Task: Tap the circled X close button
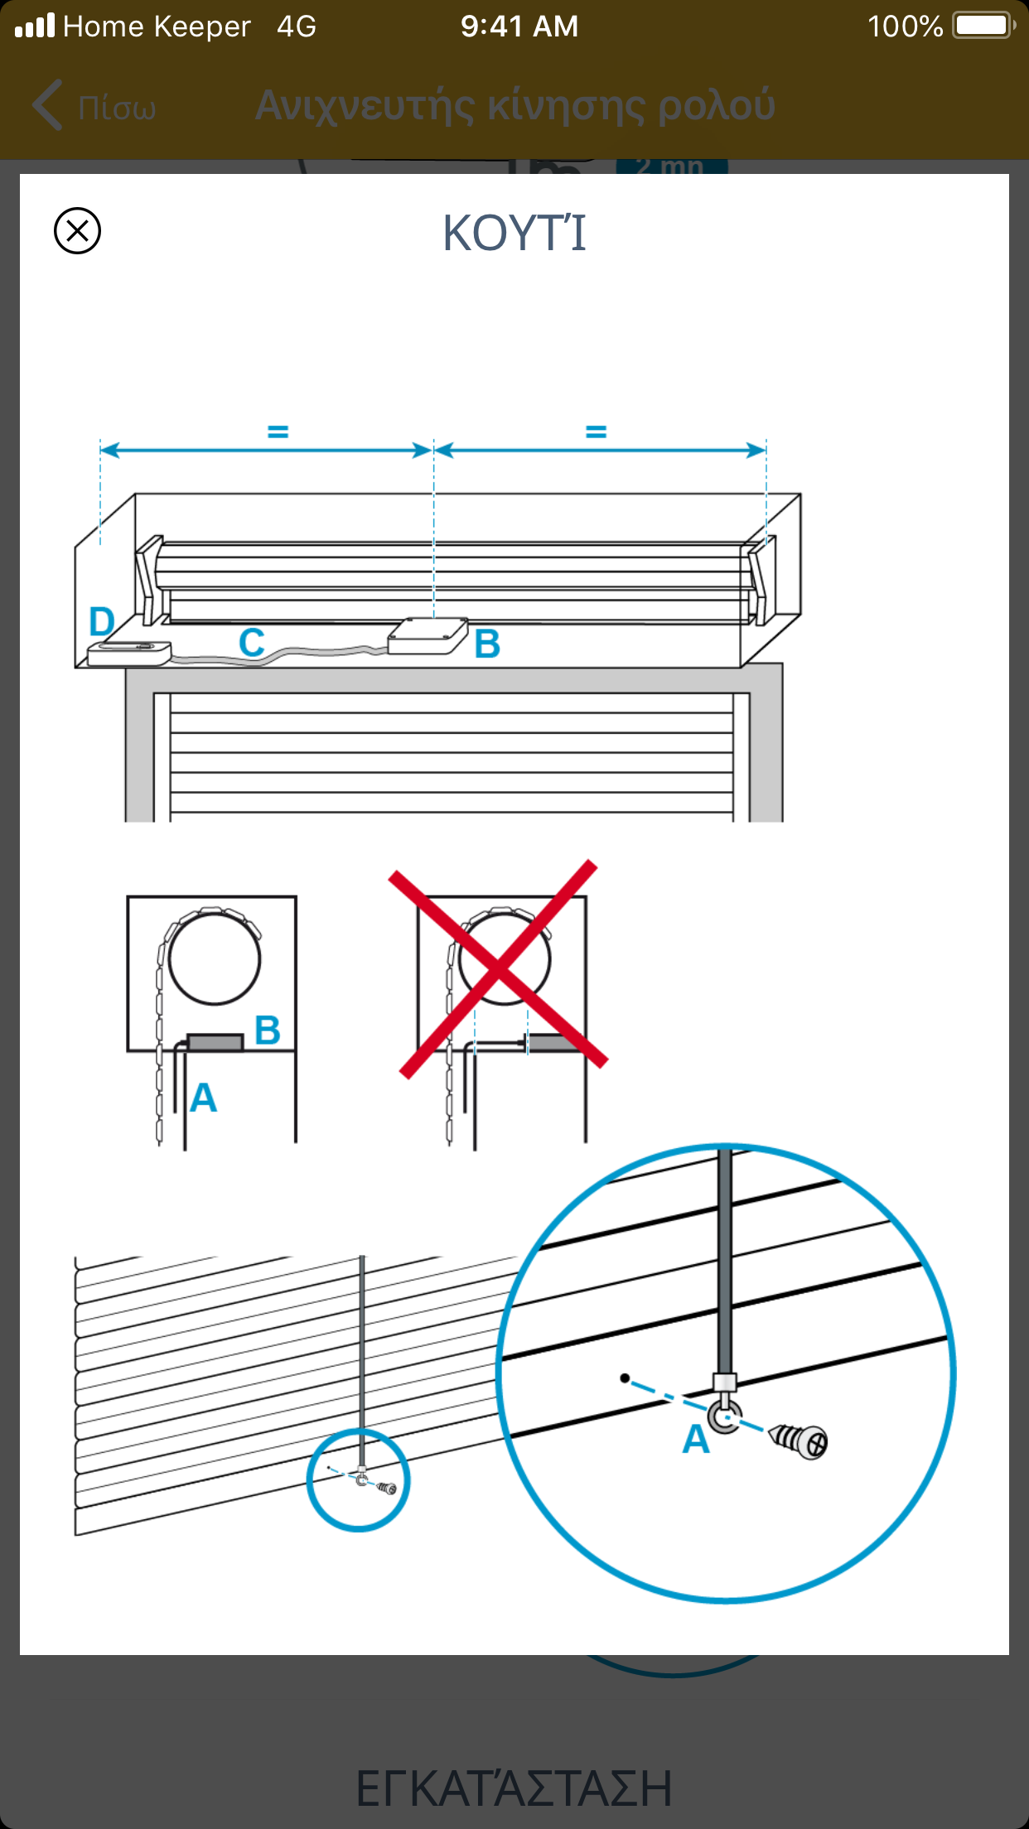pyautogui.click(x=77, y=230)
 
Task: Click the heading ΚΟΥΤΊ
pyautogui.click(x=514, y=233)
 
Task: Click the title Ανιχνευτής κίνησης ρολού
pyautogui.click(x=514, y=106)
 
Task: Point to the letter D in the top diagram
pyautogui.click(x=101, y=621)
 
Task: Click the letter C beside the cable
pyautogui.click(x=252, y=642)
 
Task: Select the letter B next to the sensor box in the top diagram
pyautogui.click(x=487, y=644)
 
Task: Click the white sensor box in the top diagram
pyautogui.click(x=428, y=635)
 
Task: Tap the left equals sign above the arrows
pyautogui.click(x=278, y=432)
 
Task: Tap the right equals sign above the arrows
pyautogui.click(x=596, y=432)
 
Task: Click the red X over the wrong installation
pyautogui.click(x=499, y=968)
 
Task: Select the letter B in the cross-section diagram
pyautogui.click(x=267, y=1030)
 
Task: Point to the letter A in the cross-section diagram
pyautogui.click(x=203, y=1098)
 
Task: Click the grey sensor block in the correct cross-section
pyautogui.click(x=215, y=1042)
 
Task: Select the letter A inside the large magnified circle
pyautogui.click(x=696, y=1440)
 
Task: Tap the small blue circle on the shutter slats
pyautogui.click(x=358, y=1479)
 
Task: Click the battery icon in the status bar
pyautogui.click(x=983, y=26)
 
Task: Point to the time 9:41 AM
pyautogui.click(x=519, y=27)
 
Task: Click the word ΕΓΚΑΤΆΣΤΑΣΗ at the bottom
pyautogui.click(x=514, y=1788)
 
